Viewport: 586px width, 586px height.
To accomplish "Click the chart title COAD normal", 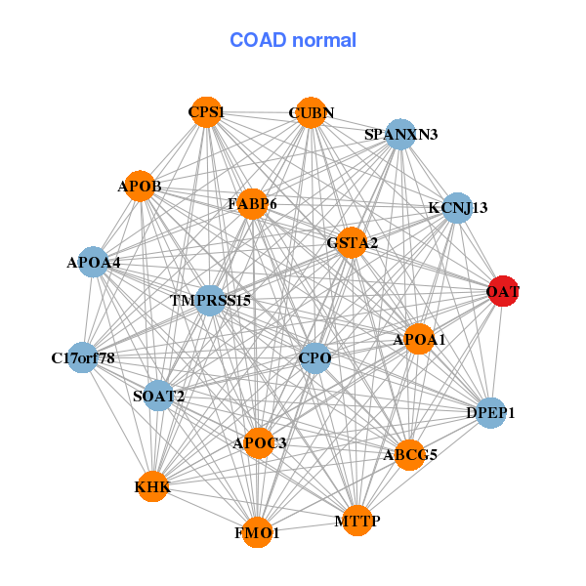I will [x=293, y=41].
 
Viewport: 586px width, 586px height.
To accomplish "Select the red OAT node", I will [x=502, y=291].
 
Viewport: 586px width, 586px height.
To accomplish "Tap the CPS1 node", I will [x=205, y=112].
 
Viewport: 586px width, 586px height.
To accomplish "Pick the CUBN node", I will [x=310, y=112].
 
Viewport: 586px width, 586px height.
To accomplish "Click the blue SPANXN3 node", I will [x=400, y=134].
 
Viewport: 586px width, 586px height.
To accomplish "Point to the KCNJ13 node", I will [x=457, y=207].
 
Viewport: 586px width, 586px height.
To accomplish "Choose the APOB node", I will [x=141, y=186].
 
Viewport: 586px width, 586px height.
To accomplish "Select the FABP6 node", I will [x=252, y=204].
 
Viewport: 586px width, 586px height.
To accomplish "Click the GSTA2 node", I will [x=352, y=242].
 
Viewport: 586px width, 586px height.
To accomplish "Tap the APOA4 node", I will [x=93, y=262].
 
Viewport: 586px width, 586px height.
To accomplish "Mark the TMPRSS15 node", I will [x=210, y=300].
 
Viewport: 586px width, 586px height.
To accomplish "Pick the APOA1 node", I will [x=419, y=339].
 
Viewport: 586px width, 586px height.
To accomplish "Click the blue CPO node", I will [x=314, y=358].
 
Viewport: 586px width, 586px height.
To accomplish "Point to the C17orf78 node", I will [x=84, y=358].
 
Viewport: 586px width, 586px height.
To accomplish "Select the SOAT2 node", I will [x=158, y=396].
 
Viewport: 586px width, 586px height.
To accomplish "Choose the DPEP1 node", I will [x=490, y=413].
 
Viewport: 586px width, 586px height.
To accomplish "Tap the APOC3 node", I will [x=259, y=443].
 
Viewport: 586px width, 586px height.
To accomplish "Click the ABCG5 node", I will [x=410, y=453].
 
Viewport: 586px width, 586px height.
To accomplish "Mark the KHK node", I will [x=152, y=485].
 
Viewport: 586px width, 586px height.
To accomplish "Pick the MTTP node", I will [x=356, y=521].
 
